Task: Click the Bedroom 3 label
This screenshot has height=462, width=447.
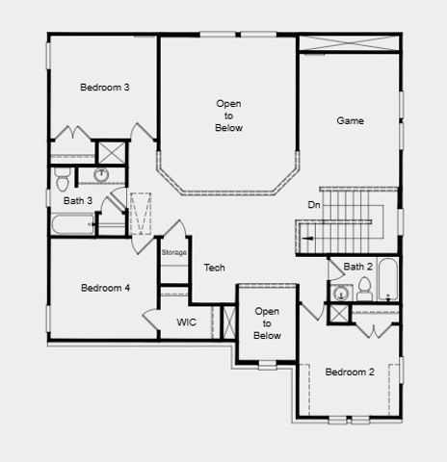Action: pyautogui.click(x=105, y=88)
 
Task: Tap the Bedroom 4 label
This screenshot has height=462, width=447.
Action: pyautogui.click(x=105, y=288)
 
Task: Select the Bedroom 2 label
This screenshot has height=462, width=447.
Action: pyautogui.click(x=349, y=372)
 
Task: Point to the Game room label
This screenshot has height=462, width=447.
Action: pyautogui.click(x=350, y=121)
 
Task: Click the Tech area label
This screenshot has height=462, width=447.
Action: pyautogui.click(x=214, y=268)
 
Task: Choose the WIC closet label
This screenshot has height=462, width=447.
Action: pyautogui.click(x=186, y=322)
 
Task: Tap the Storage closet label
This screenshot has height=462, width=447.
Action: pyautogui.click(x=173, y=252)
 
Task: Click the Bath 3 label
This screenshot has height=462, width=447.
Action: pyautogui.click(x=78, y=201)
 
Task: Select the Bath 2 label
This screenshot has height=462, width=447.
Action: pyautogui.click(x=357, y=267)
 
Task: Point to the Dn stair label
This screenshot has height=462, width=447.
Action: pyautogui.click(x=314, y=205)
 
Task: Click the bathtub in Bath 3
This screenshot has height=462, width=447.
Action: pyautogui.click(x=72, y=225)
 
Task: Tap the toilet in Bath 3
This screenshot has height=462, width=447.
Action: pyautogui.click(x=63, y=178)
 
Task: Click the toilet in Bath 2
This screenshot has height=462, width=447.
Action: pyautogui.click(x=364, y=289)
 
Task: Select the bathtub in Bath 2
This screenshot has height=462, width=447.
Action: pyautogui.click(x=387, y=279)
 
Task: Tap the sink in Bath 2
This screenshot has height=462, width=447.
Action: pyautogui.click(x=339, y=292)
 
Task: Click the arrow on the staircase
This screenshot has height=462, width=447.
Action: pyautogui.click(x=306, y=235)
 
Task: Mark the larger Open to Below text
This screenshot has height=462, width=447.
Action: pyautogui.click(x=228, y=115)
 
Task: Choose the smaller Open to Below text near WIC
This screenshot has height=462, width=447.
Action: pyautogui.click(x=267, y=323)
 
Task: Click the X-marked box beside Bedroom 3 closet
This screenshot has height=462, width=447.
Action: pyautogui.click(x=112, y=152)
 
